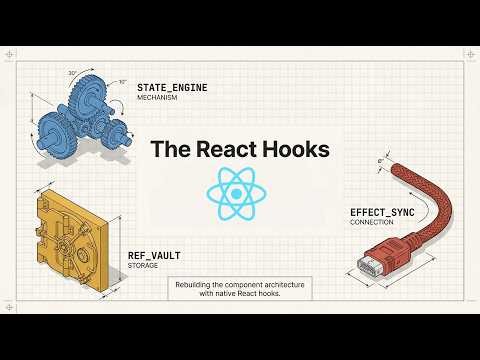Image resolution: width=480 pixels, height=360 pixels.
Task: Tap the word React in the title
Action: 225,151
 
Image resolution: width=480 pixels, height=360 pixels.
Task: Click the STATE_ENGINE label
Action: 173,88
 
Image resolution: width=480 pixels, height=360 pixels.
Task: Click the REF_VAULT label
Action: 154,255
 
